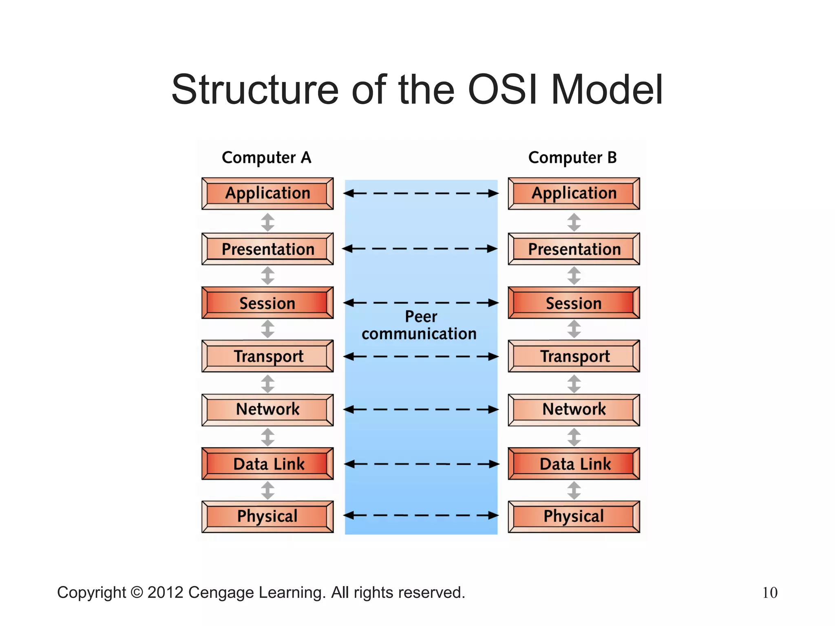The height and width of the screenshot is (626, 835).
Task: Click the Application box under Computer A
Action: pyautogui.click(x=267, y=194)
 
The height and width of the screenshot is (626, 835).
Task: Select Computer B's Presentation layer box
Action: pyautogui.click(x=574, y=249)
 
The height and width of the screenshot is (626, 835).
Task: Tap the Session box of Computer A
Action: pyautogui.click(x=267, y=303)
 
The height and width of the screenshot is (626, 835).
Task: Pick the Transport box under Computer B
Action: pyautogui.click(x=574, y=356)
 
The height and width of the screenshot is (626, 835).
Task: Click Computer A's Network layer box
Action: pyautogui.click(x=267, y=410)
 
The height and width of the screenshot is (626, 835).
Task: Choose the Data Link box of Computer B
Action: pyautogui.click(x=574, y=463)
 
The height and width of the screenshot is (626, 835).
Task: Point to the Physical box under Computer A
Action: pyautogui.click(x=267, y=516)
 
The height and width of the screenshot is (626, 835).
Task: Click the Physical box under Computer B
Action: pyautogui.click(x=574, y=516)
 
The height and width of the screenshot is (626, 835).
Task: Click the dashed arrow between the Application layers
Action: pyautogui.click(x=421, y=193)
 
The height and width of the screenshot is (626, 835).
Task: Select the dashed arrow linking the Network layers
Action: pyautogui.click(x=421, y=409)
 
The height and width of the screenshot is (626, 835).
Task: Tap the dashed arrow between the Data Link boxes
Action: pyautogui.click(x=422, y=464)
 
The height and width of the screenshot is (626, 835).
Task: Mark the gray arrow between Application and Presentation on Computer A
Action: pyautogui.click(x=267, y=222)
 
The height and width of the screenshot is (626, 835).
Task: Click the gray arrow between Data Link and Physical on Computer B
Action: pyautogui.click(x=574, y=490)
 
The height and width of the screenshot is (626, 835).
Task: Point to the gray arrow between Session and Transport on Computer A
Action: pyautogui.click(x=267, y=329)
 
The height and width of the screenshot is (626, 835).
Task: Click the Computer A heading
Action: pyautogui.click(x=266, y=158)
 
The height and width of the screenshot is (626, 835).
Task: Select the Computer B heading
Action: pyautogui.click(x=572, y=158)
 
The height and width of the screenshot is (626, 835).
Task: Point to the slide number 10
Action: pyautogui.click(x=770, y=593)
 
